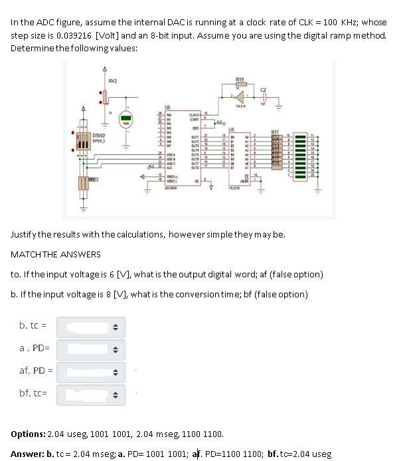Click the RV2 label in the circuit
tap(114, 81)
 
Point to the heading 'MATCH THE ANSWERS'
tap(56, 254)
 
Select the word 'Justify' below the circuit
tap(25, 234)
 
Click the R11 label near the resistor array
tap(276, 132)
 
